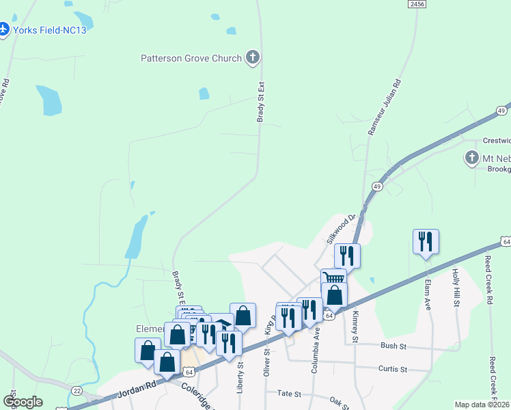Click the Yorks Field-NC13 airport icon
click(x=3, y=30)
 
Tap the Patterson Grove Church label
click(x=191, y=58)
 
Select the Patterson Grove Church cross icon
click(x=253, y=57)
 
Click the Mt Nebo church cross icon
click(x=471, y=158)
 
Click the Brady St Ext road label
click(x=260, y=102)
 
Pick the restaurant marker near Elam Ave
click(x=425, y=241)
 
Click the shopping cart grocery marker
click(x=333, y=278)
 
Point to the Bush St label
click(x=393, y=346)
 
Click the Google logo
click(x=23, y=402)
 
